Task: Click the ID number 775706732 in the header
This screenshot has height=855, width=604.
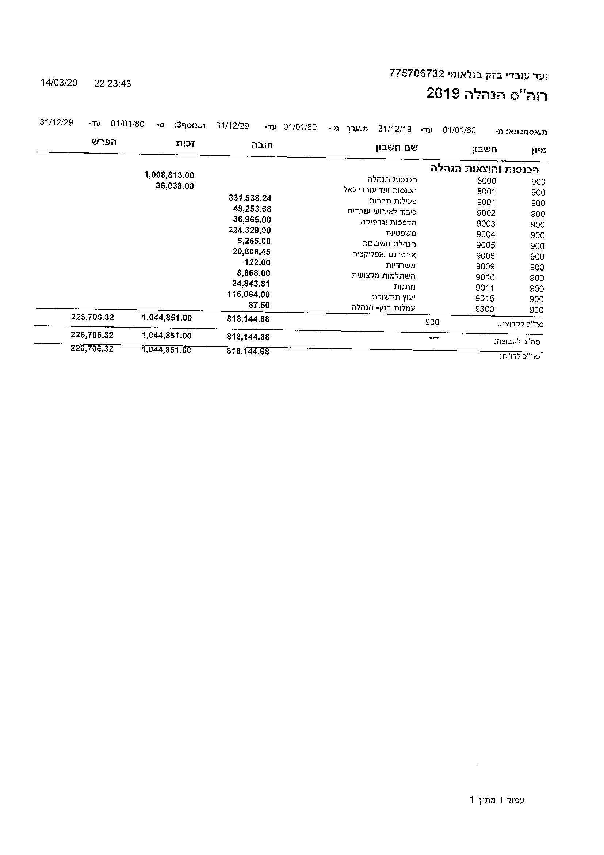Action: (x=417, y=73)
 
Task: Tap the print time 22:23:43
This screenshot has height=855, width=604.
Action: (x=112, y=84)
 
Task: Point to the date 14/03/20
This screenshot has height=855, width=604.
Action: (x=59, y=83)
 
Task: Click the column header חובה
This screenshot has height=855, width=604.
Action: (x=262, y=145)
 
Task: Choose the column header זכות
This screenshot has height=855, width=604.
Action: (x=186, y=144)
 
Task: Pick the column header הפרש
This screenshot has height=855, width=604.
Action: (x=105, y=142)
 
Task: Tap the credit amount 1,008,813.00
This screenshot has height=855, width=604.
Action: (x=169, y=175)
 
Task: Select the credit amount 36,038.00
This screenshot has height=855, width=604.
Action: (x=175, y=186)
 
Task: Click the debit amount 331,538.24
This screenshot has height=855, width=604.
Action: (x=250, y=198)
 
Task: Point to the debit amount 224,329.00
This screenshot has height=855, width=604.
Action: (x=249, y=230)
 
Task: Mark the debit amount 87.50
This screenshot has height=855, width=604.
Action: (x=259, y=305)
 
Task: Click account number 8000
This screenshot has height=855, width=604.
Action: (x=486, y=181)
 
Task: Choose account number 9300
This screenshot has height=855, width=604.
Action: (x=485, y=309)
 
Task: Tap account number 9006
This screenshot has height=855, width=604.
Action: (x=485, y=256)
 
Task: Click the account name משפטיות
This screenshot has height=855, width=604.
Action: (x=401, y=234)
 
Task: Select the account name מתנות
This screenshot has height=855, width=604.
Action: (x=405, y=287)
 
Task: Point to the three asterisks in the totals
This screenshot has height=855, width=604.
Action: (x=434, y=338)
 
